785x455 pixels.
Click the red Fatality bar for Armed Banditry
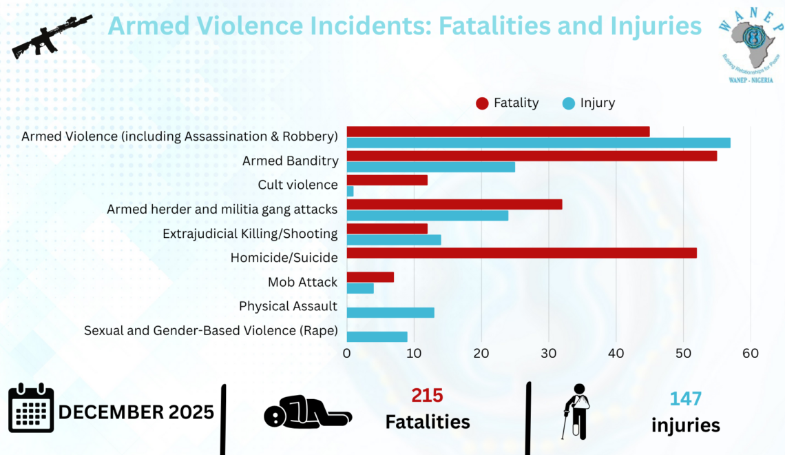tap(532, 156)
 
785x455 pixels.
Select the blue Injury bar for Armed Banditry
tap(430, 167)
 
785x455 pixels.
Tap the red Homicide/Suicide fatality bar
tap(521, 253)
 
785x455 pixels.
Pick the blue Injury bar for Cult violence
tap(350, 191)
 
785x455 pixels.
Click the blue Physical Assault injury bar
tap(390, 312)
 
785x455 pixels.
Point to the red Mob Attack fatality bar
tap(370, 277)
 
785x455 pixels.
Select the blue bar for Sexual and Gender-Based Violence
tap(377, 336)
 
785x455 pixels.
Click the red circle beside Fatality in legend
tap(482, 103)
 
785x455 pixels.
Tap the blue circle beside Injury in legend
tap(568, 103)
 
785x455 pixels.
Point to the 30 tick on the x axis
tap(548, 353)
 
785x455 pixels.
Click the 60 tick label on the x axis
tap(750, 353)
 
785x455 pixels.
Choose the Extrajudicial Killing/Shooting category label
tap(250, 234)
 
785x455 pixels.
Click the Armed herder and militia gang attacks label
tap(222, 209)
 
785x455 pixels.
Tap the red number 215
tap(427, 396)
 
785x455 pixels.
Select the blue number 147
tap(685, 398)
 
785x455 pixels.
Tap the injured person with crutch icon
tap(577, 411)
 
